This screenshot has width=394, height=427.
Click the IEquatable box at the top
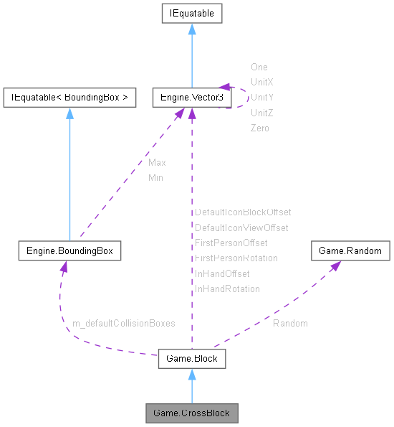click(191, 13)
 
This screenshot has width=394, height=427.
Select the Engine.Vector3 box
click(191, 97)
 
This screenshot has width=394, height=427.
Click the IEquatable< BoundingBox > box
click(69, 97)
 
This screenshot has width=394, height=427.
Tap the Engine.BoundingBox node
click(69, 251)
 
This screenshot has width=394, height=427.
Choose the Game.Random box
click(350, 251)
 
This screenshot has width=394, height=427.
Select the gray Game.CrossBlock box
click(191, 413)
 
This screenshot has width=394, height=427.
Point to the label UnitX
click(262, 83)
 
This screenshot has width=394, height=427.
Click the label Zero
click(259, 128)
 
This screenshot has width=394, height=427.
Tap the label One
click(259, 67)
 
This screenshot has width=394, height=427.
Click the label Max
click(157, 163)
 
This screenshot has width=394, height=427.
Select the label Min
click(155, 177)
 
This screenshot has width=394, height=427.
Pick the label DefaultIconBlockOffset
click(243, 212)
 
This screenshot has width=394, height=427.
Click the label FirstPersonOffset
click(231, 243)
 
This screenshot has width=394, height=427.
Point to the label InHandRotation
click(227, 288)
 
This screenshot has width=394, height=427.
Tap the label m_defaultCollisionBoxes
click(124, 323)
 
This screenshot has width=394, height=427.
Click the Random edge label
click(290, 323)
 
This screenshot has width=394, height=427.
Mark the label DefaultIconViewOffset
click(241, 227)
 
